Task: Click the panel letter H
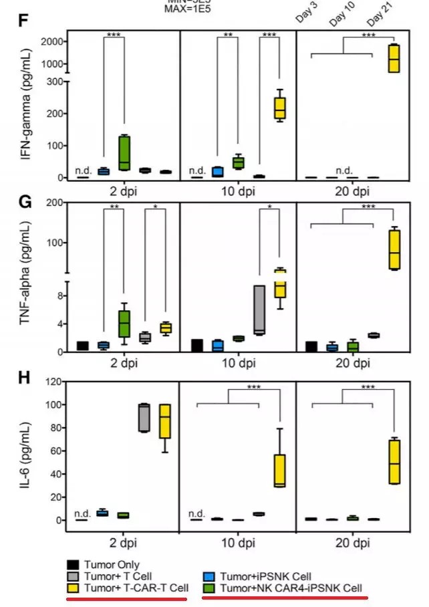click(22, 378)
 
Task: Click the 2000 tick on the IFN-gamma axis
click(54, 41)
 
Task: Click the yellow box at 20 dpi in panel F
click(394, 58)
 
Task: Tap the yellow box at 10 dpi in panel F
click(279, 106)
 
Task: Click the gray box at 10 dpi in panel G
click(260, 310)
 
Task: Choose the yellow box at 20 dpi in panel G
click(394, 249)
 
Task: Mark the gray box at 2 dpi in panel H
click(143, 418)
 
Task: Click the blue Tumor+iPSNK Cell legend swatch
click(209, 576)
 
